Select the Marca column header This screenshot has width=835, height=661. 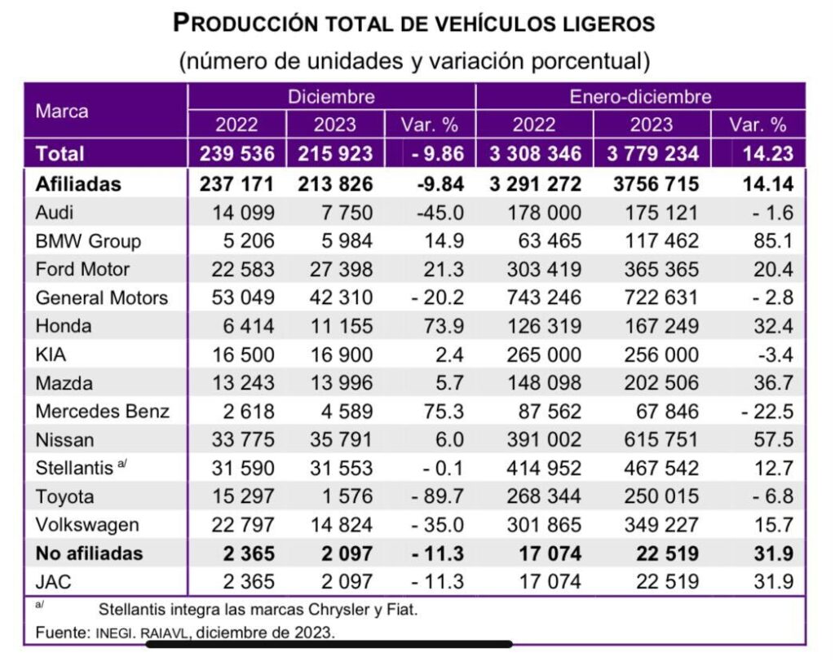click(62, 111)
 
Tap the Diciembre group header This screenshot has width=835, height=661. click(331, 97)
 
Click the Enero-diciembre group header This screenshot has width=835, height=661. click(640, 97)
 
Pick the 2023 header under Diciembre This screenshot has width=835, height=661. click(334, 125)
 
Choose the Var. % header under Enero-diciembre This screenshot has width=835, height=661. click(758, 125)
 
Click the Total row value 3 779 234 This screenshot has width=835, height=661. click(652, 153)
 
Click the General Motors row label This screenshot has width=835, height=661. click(101, 297)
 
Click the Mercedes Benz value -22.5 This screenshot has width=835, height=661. click(767, 411)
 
